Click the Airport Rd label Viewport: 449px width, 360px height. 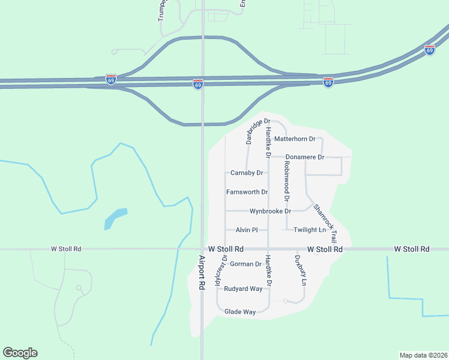pos(202,275)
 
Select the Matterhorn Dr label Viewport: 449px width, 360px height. pos(294,139)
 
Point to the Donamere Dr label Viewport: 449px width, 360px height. pos(304,157)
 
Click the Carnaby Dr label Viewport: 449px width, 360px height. pos(247,173)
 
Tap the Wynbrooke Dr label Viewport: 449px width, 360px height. pos(270,211)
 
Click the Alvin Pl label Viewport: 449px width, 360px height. pos(247,230)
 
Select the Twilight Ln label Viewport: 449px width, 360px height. pos(310,230)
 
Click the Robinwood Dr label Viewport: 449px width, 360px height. pos(287,181)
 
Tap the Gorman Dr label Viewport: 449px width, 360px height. pos(246,264)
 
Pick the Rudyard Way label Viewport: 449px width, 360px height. pos(243,289)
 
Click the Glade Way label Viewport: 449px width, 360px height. pos(240,311)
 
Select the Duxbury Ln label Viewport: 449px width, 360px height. pos(304,271)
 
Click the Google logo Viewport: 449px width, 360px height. pos(20,353)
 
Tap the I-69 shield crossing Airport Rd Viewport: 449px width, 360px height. pos(197,85)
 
